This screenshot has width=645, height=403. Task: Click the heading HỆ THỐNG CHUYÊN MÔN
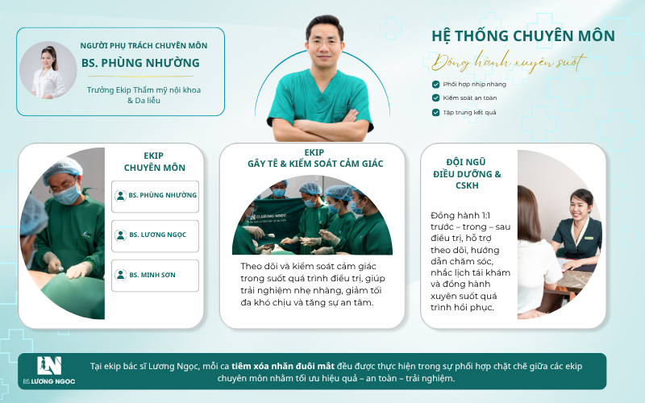(522, 36)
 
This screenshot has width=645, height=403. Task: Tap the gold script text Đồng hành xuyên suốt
(509, 63)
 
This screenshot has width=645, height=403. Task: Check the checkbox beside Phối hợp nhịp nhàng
(435, 85)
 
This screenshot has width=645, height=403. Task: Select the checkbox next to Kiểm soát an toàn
(435, 98)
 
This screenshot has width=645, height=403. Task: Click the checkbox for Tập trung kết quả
(435, 112)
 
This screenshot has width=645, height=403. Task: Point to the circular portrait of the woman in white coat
(48, 70)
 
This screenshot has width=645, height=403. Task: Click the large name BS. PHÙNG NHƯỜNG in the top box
(140, 63)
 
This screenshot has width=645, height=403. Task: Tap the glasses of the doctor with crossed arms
(325, 42)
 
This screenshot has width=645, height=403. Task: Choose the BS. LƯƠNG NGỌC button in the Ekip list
(155, 235)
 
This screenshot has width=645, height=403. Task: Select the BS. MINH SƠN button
(155, 275)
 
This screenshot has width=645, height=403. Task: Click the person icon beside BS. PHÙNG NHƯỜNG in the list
(120, 195)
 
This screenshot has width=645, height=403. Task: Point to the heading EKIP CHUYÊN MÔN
(154, 162)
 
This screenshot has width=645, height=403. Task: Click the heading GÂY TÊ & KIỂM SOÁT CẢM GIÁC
(315, 164)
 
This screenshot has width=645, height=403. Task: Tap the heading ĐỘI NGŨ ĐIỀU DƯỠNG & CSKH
(467, 173)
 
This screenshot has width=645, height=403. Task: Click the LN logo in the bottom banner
(49, 366)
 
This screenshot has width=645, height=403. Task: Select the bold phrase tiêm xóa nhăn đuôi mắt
(283, 366)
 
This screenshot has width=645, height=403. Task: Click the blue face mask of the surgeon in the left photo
(67, 194)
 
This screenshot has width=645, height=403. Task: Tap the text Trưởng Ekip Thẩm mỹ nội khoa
(144, 90)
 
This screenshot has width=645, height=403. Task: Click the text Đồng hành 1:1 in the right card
(460, 215)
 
